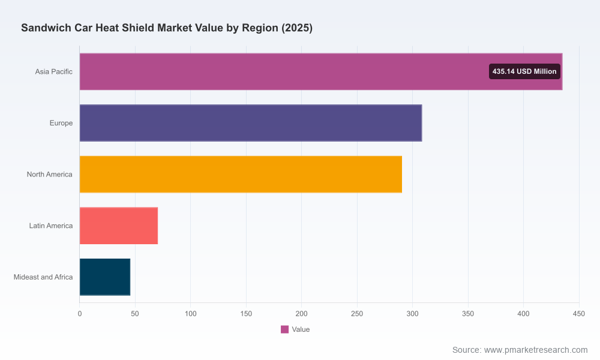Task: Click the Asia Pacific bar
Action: click(320, 71)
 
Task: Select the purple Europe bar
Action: click(251, 123)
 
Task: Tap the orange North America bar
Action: click(241, 174)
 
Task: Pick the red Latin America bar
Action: click(119, 226)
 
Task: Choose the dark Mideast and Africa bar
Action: click(105, 277)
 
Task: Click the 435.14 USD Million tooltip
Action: click(524, 71)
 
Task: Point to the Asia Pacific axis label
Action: click(53, 71)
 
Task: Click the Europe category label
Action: click(61, 123)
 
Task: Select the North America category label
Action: click(49, 175)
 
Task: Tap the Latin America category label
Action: click(51, 226)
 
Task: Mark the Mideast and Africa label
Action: click(43, 277)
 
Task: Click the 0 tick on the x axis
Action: click(80, 314)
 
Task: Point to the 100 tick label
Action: click(191, 314)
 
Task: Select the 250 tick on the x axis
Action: click(357, 314)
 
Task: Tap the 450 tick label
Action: click(579, 314)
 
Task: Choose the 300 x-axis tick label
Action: click(413, 314)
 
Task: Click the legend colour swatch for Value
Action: click(284, 329)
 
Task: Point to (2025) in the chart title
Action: click(297, 28)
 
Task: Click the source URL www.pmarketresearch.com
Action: click(536, 350)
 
